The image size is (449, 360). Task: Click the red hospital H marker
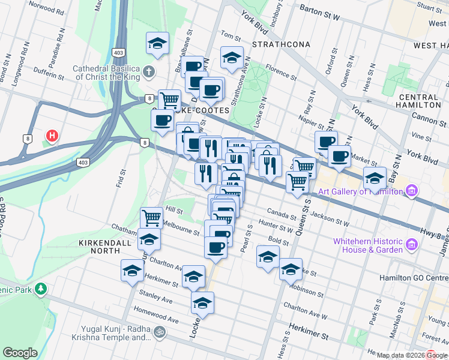pyautogui.click(x=52, y=136)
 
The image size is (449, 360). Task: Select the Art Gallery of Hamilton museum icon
pyautogui.click(x=411, y=191)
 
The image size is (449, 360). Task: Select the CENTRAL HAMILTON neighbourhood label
pyautogui.click(x=418, y=101)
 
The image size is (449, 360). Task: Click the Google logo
pyautogui.click(x=20, y=352)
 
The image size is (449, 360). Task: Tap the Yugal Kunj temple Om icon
pyautogui.click(x=160, y=331)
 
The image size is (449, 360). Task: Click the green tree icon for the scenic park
pyautogui.click(x=41, y=289)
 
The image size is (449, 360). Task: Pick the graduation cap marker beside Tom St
pyautogui.click(x=232, y=58)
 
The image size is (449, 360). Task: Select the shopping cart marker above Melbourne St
pyautogui.click(x=151, y=217)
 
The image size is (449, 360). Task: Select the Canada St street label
pyautogui.click(x=281, y=214)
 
